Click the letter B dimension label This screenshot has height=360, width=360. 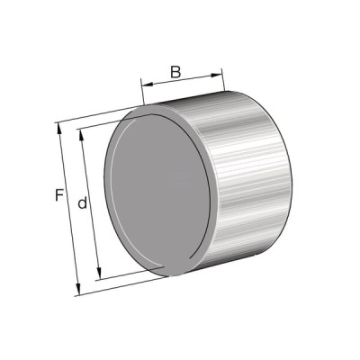click(x=175, y=72)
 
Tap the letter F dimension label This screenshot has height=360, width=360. click(x=59, y=194)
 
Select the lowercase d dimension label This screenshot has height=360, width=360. click(x=82, y=202)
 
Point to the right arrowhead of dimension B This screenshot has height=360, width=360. click(x=217, y=75)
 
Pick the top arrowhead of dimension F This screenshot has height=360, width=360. click(x=59, y=129)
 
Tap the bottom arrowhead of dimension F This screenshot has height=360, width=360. click(x=78, y=289)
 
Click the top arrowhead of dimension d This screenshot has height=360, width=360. click(x=81, y=135)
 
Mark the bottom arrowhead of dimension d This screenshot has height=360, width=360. click(x=99, y=274)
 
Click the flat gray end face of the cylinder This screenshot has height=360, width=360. click(x=159, y=192)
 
